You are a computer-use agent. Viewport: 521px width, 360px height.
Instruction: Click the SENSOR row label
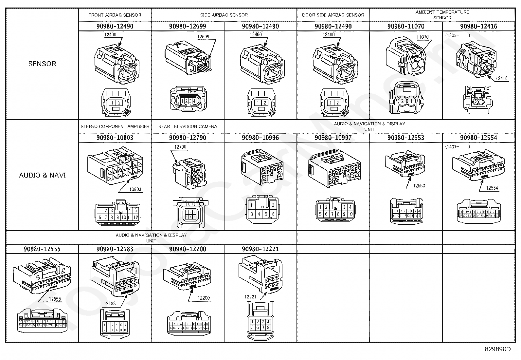tap(42, 64)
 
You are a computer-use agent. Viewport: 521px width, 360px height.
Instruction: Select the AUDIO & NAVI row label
tap(42, 175)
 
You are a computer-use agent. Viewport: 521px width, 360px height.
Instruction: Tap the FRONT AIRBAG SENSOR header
tap(115, 15)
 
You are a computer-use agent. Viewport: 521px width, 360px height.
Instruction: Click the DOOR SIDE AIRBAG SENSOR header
tap(333, 15)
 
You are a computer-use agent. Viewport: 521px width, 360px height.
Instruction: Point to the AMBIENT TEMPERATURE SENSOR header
tap(442, 15)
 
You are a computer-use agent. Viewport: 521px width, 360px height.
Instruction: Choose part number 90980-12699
tap(188, 26)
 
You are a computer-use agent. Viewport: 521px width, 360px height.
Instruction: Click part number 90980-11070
tap(406, 26)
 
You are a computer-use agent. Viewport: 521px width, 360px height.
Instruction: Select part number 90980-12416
tap(478, 26)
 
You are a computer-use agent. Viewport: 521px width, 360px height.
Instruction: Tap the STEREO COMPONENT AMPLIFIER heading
tap(115, 126)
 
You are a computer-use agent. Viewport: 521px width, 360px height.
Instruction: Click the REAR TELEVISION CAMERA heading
tap(188, 126)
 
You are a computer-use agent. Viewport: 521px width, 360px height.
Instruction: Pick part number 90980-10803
tap(115, 138)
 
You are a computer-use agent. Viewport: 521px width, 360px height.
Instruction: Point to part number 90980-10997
tap(333, 138)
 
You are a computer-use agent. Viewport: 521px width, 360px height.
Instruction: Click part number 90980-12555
tap(42, 249)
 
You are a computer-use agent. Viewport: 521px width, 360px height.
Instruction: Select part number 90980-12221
tap(260, 249)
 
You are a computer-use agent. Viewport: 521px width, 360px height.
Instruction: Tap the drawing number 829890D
tap(497, 349)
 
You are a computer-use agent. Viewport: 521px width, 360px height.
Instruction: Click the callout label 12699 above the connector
tap(203, 37)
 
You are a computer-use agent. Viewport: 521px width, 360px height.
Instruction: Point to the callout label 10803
tap(135, 189)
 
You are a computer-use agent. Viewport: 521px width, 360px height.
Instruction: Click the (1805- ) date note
tap(458, 35)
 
